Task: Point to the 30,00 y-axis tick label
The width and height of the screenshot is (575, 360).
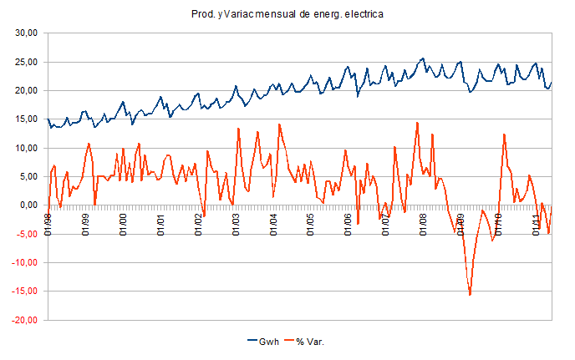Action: [x=28, y=33]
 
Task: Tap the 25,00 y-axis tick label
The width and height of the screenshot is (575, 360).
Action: [x=28, y=62]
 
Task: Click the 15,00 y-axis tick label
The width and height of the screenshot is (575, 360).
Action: [x=28, y=119]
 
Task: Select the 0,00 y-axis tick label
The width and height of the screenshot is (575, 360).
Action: [x=30, y=205]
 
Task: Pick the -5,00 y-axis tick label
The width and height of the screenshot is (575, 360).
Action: [x=28, y=234]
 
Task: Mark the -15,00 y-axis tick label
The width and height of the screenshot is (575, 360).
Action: [x=26, y=292]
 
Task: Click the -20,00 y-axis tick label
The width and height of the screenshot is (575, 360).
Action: [x=26, y=320]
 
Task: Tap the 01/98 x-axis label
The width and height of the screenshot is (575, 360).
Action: [x=48, y=226]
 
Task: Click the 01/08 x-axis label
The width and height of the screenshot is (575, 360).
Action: [x=423, y=226]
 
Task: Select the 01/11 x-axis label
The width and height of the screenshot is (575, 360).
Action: [x=535, y=226]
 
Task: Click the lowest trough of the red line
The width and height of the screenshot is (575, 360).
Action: [x=470, y=295]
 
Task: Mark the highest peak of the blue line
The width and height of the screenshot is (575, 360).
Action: [x=424, y=58]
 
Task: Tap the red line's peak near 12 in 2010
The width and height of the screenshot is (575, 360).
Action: [x=505, y=134]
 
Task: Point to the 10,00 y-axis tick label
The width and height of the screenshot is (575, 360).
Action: [x=28, y=148]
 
